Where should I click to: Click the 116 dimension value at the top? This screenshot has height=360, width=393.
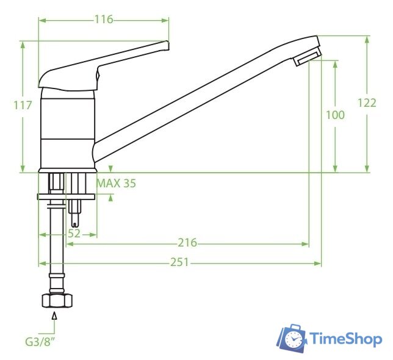(104, 20)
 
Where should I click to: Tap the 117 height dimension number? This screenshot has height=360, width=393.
(23, 105)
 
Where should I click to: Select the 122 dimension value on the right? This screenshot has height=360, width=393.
(367, 103)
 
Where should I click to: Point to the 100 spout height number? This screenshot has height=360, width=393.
(335, 115)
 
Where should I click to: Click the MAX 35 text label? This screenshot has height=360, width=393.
(117, 184)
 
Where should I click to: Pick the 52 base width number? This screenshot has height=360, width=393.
(74, 234)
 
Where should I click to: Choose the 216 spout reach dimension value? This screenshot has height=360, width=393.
(187, 243)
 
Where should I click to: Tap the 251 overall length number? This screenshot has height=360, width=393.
(180, 262)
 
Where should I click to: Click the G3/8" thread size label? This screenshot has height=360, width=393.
(40, 342)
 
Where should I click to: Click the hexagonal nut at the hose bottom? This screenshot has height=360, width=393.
(57, 301)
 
